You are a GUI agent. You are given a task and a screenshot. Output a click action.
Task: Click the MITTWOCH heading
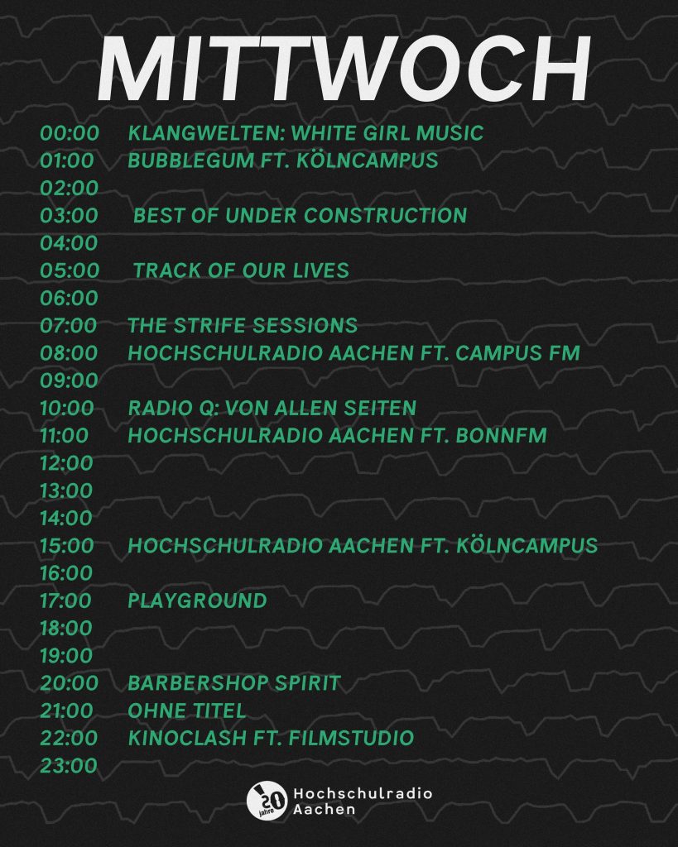pos(344,69)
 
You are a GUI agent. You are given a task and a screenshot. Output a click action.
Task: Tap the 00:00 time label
pos(70,133)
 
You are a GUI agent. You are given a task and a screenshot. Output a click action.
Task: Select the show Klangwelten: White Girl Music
pos(305,133)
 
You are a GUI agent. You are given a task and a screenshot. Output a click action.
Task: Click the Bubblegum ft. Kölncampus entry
pos(283,160)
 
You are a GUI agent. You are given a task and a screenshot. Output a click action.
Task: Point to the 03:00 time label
pos(70,216)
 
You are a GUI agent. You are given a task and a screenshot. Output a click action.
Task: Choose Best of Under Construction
pos(300,216)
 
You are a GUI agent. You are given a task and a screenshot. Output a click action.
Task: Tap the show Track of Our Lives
pos(241,270)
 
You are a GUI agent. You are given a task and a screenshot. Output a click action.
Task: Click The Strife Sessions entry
pos(243,326)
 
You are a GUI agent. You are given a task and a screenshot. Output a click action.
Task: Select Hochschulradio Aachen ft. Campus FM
pos(354,353)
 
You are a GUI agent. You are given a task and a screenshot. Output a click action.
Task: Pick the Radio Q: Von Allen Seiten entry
pos(272,409)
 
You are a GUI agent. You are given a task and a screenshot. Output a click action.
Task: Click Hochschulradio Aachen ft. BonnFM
pos(338,435)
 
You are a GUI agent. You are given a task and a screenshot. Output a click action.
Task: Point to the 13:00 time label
pos(66,491)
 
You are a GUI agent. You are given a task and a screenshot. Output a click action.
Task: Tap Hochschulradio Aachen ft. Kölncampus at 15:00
pos(363,546)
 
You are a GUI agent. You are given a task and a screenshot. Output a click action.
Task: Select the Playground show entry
pos(197,601)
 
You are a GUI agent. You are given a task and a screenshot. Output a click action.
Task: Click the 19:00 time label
pos(66,656)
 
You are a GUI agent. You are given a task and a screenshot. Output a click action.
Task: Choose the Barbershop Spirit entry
pos(234,683)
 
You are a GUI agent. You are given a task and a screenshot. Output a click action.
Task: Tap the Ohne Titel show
pos(187,711)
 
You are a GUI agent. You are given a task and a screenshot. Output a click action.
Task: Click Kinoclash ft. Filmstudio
pos(271,738)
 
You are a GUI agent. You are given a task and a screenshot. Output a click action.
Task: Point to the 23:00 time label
pos(69,766)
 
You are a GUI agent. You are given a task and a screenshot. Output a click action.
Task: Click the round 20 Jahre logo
pos(267,801)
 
